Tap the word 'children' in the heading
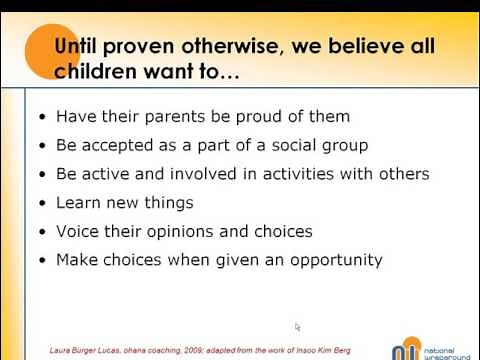click(98, 72)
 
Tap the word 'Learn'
click(79, 202)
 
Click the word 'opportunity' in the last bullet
click(336, 260)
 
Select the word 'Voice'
click(78, 231)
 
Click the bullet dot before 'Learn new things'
click(41, 203)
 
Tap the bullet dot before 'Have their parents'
click(41, 117)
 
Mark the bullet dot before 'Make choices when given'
click(41, 261)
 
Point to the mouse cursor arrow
click(298, 326)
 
